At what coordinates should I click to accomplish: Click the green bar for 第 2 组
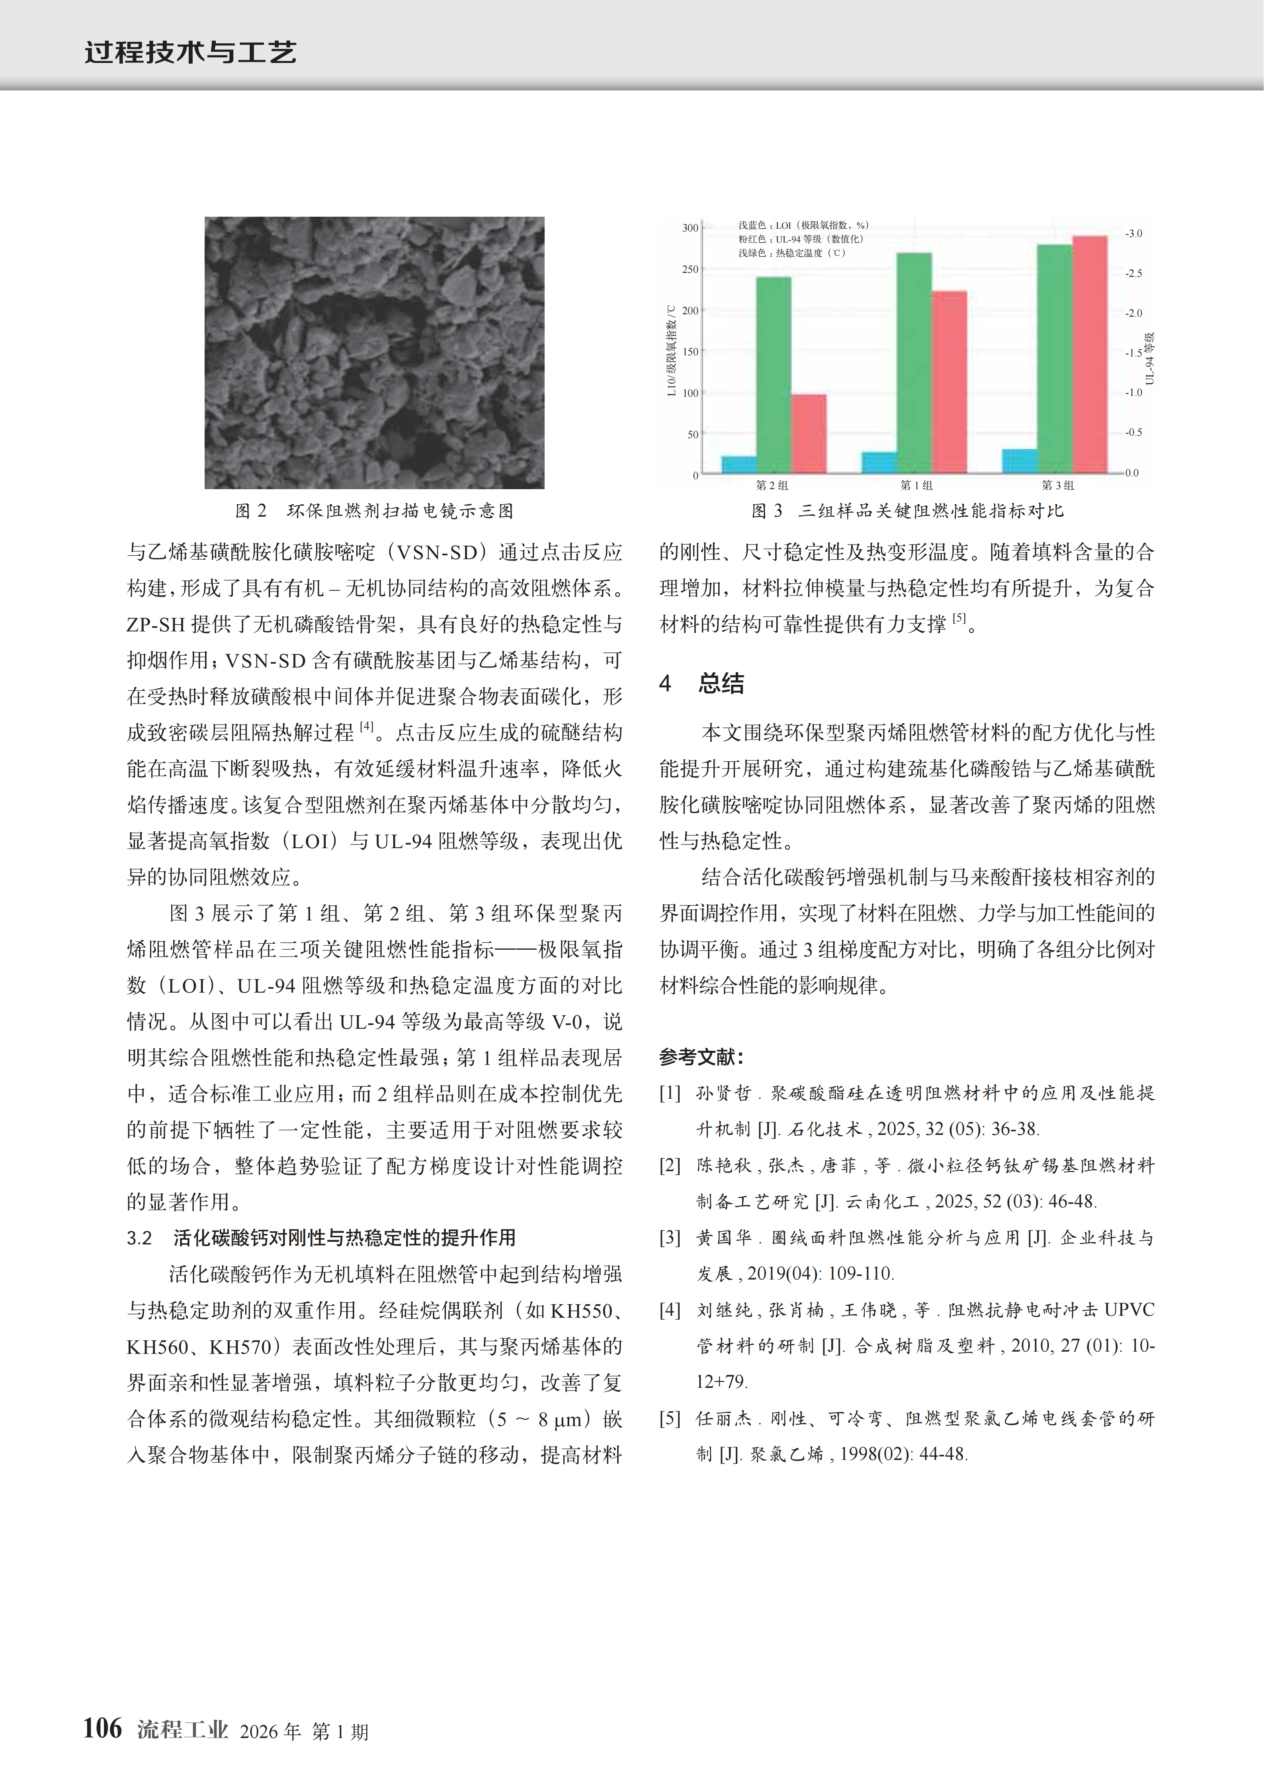774,374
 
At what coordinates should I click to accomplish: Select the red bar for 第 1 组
949,382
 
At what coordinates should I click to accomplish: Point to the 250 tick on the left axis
690,269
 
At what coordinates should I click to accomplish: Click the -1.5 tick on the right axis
1133,353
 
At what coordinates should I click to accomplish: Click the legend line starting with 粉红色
801,239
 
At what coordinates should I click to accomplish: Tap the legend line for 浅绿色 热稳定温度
791,253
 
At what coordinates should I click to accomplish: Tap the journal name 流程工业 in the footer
182,1730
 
